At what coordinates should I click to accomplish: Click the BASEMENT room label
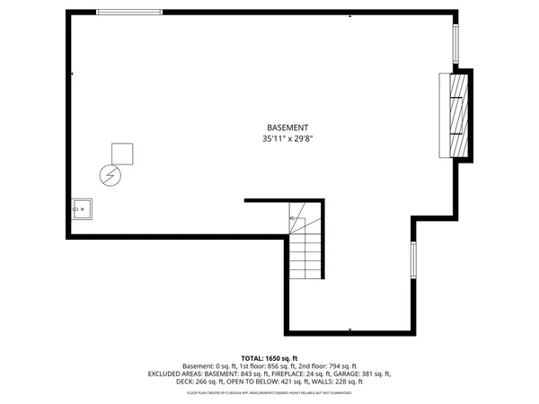pos(287,127)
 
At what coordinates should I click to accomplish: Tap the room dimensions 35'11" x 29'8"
pos(287,139)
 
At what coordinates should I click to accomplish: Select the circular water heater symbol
pos(109,175)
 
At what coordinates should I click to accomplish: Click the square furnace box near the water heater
pos(121,154)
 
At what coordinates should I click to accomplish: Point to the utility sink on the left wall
pos(82,211)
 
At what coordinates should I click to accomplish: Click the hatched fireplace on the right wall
pos(458,115)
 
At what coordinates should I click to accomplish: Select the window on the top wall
pos(129,13)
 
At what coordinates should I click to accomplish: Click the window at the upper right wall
pos(455,40)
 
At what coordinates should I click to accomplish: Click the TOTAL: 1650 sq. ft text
pos(269,356)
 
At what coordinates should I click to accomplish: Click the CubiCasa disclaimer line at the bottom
pos(269,391)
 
